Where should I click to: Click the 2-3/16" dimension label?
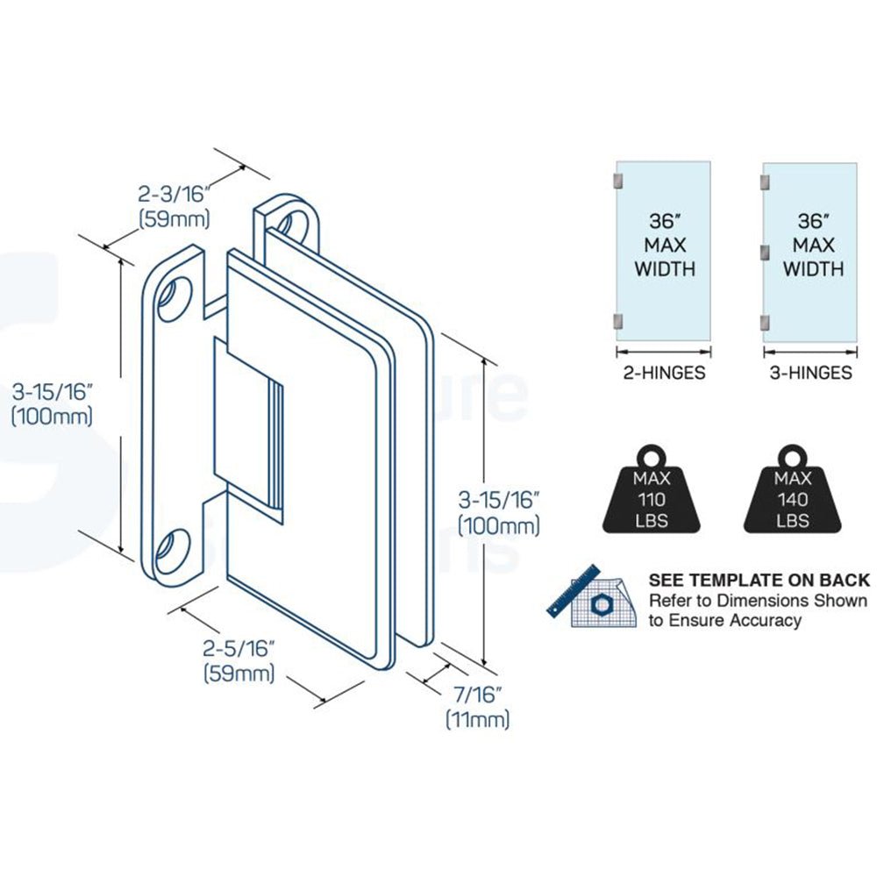tap(175, 194)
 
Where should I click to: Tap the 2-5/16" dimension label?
tap(239, 649)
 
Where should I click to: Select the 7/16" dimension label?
tap(477, 695)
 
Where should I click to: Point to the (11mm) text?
tap(477, 720)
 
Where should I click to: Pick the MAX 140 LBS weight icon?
tap(792, 495)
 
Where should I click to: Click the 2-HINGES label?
tap(662, 373)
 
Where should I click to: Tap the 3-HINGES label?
tap(809, 373)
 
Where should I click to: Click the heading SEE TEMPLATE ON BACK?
tap(759, 580)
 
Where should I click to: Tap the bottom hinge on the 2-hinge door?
tap(618, 321)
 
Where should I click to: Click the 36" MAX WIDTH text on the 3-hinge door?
tap(813, 244)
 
